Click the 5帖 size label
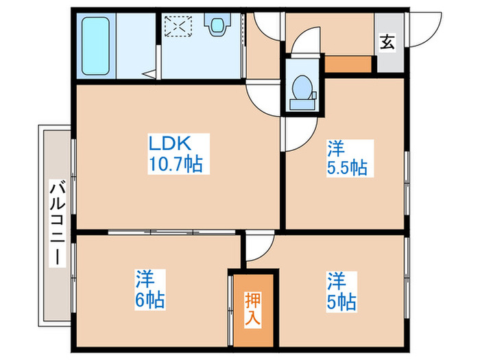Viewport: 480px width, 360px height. pyautogui.click(x=341, y=300)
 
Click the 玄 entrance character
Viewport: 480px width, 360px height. pyautogui.click(x=387, y=43)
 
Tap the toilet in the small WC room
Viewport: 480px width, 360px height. pyautogui.click(x=302, y=91)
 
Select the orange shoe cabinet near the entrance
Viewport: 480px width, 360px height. pyautogui.click(x=348, y=66)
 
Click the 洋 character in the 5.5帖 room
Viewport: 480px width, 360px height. pyautogui.click(x=335, y=147)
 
